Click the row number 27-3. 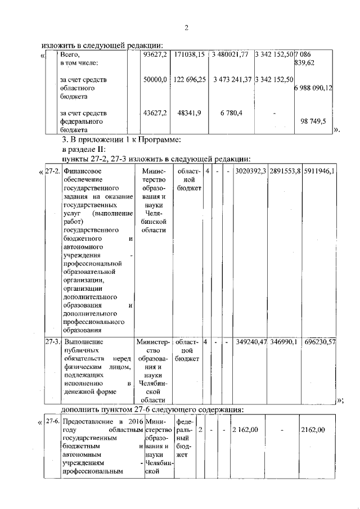click(x=53, y=341)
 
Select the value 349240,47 click(x=251, y=341)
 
